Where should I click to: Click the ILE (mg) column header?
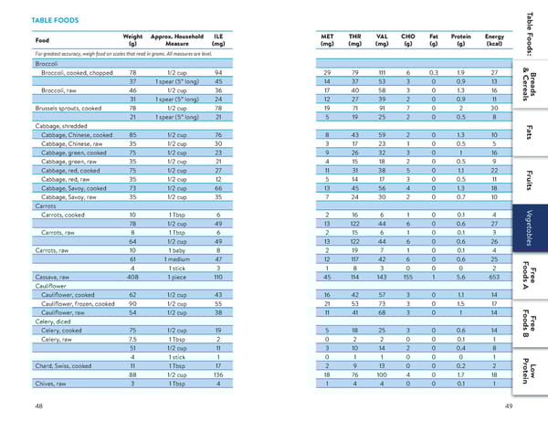[x=217, y=40]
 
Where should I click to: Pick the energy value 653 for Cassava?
[x=494, y=276]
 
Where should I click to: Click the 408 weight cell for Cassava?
[x=132, y=276]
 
